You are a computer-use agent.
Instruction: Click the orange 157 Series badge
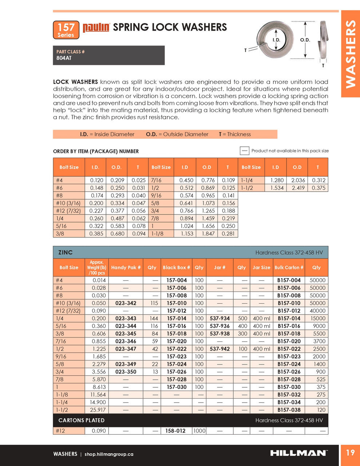(x=66, y=30)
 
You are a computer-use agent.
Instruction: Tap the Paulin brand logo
(x=96, y=28)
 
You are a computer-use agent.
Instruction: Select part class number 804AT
(x=64, y=58)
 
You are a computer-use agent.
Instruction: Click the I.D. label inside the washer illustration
(x=276, y=40)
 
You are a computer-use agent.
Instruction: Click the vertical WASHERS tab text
(x=350, y=54)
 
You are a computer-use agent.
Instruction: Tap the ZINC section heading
(x=66, y=252)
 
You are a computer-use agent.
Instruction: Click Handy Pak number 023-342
(x=126, y=303)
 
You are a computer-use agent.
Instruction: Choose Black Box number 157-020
(x=177, y=341)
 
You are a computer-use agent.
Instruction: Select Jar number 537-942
(x=219, y=349)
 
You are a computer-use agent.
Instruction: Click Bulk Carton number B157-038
(x=289, y=410)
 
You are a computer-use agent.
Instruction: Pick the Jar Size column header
(x=261, y=268)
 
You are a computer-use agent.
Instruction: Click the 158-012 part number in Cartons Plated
(x=175, y=431)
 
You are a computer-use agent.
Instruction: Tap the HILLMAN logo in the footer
(x=299, y=453)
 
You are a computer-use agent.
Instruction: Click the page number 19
(x=350, y=453)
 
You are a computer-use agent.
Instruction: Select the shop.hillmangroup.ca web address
(x=109, y=454)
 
